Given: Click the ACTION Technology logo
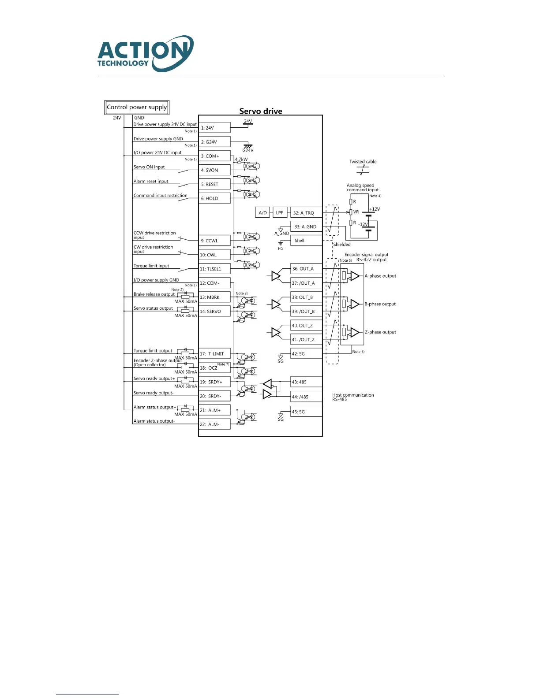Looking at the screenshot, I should point(145,53).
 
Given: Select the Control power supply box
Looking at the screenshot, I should point(137,107).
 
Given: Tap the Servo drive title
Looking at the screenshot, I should point(261,111).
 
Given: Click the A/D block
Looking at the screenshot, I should point(262,213).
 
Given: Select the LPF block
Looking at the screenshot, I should point(280,213).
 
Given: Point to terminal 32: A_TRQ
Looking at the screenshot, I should point(306,213).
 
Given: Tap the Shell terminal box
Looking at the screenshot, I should point(306,241).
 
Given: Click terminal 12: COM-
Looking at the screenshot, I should point(214,283).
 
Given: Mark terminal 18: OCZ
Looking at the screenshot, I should point(214,368).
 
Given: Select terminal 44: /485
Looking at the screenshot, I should point(306,397).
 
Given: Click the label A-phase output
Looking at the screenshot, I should point(380,276).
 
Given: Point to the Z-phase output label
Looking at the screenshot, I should point(380,332).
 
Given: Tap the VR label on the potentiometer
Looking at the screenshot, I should point(356,212).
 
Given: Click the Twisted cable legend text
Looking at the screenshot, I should point(363,162).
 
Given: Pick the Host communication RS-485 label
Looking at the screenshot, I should point(353,397).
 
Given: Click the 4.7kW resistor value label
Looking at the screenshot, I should point(241,160).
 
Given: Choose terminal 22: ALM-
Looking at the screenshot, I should point(214,424).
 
